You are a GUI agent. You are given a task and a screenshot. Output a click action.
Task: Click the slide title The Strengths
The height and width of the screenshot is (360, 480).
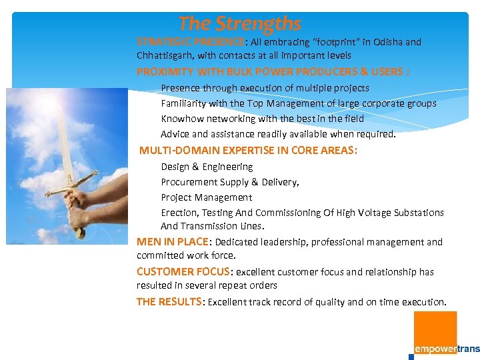pos(239,24)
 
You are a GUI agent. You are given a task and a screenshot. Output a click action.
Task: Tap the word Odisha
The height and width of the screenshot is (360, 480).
pos(389,42)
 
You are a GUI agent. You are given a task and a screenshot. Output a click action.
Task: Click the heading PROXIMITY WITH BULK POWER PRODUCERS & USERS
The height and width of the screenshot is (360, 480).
pos(273,72)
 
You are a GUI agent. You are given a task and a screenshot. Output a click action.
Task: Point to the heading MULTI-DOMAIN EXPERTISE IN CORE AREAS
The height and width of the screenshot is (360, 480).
pos(248,151)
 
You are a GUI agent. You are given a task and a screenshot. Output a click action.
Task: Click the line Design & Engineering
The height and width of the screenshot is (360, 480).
pos(207,167)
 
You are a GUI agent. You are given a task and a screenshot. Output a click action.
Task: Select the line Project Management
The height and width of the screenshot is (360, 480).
pos(206,197)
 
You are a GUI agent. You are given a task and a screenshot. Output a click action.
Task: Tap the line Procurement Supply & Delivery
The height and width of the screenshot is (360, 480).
pos(229,182)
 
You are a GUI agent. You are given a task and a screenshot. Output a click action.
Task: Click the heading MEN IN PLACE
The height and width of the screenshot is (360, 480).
pos(173,242)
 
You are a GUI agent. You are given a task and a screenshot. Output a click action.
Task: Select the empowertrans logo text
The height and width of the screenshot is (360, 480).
pos(447,349)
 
